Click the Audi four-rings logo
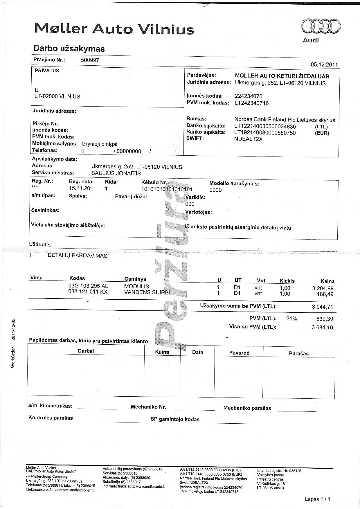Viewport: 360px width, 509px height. click(321, 27)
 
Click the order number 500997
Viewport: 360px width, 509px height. click(90, 60)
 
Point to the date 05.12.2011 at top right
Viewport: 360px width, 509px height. click(324, 64)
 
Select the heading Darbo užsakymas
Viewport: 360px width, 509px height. click(69, 48)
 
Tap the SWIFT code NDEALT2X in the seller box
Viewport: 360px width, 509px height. click(248, 139)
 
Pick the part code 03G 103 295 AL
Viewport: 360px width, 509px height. click(88, 286)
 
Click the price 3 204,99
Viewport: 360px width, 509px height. click(323, 288)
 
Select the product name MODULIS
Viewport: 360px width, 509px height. click(136, 286)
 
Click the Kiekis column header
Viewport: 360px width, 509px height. click(287, 281)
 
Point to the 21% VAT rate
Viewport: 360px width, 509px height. click(291, 319)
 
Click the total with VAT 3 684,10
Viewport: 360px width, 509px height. click(322, 328)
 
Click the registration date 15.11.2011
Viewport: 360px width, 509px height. click(82, 188)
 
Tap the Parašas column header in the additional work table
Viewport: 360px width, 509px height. click(299, 353)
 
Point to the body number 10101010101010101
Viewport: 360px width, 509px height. click(167, 189)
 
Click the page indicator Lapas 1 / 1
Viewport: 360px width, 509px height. click(317, 499)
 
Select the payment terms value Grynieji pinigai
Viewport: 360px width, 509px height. click(99, 144)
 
